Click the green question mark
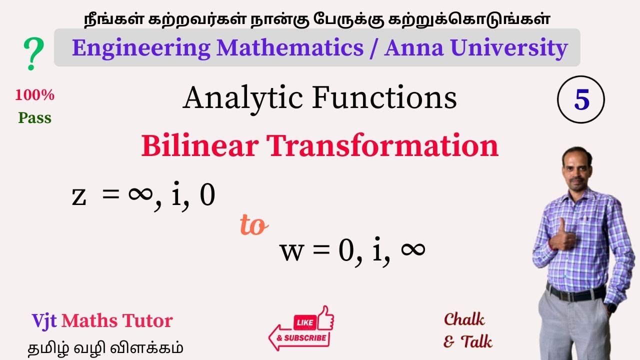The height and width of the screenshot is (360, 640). [x=33, y=54]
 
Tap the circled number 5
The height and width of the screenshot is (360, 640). [x=581, y=100]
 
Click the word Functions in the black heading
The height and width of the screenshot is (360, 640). [x=384, y=98]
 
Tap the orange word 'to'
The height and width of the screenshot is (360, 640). [x=254, y=226]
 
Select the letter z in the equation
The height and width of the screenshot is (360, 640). [x=79, y=196]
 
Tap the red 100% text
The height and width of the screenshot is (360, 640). [x=35, y=95]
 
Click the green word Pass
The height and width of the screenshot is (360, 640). [x=35, y=118]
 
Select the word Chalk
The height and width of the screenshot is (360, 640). [x=464, y=319]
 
